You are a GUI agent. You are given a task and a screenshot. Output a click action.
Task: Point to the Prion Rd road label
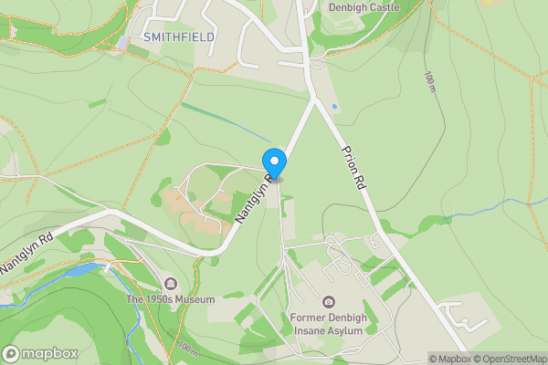pos(353,166)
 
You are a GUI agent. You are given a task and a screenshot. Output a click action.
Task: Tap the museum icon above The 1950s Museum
pos(170,283)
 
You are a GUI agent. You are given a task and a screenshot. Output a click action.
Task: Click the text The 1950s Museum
pos(170,299)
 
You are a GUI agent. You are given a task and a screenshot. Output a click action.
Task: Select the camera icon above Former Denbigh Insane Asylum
pos(328,301)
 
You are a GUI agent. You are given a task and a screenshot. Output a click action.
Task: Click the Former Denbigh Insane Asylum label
pos(328,323)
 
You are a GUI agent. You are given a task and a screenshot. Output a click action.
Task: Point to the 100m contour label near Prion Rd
pos(429,82)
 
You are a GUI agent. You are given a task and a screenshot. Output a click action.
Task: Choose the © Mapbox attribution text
pos(449,359)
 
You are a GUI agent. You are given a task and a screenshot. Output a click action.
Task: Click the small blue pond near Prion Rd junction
pos(334,107)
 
